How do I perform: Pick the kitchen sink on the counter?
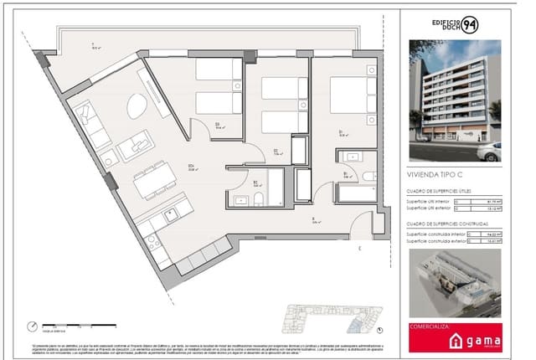click(x=153, y=241)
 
